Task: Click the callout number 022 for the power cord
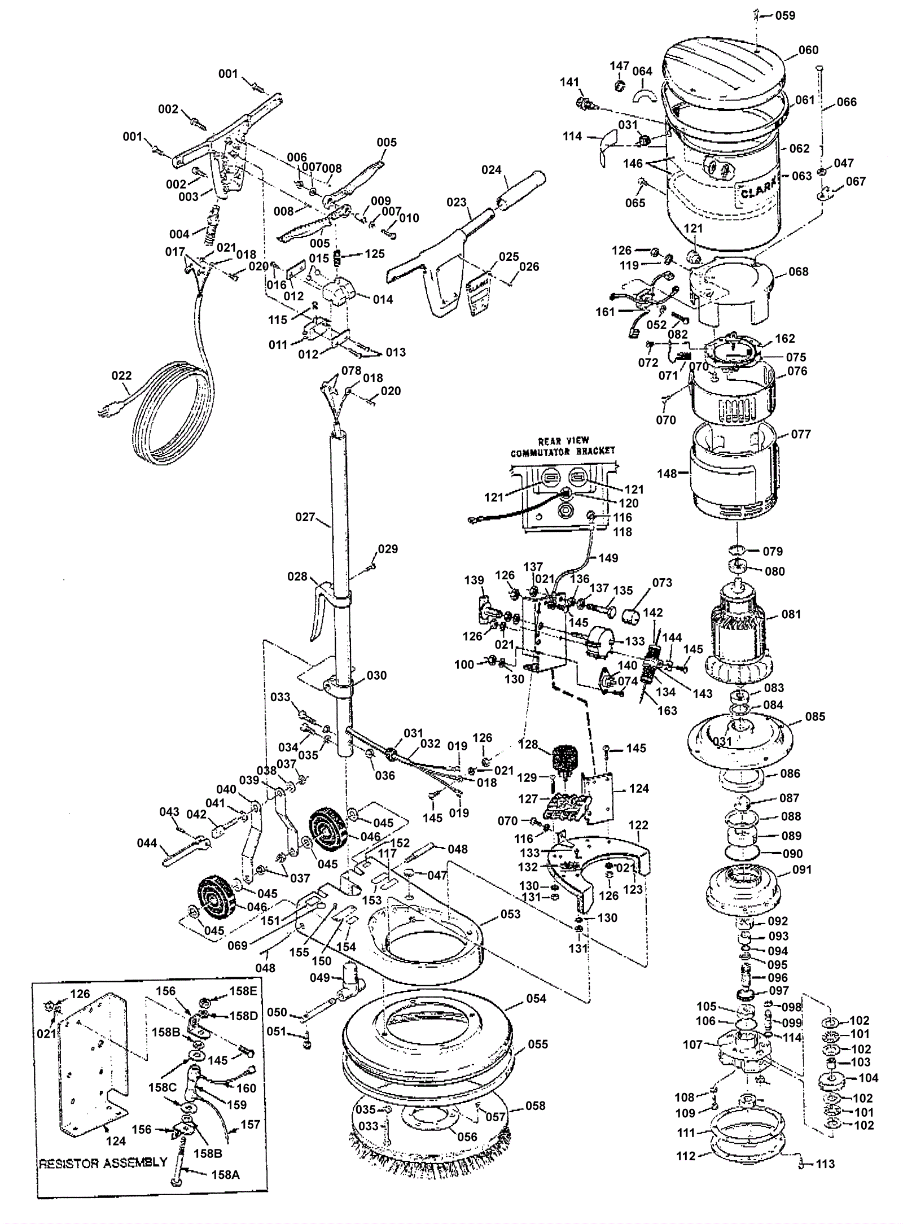pos(122,375)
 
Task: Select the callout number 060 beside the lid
pos(808,50)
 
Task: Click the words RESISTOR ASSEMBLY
pos(103,1162)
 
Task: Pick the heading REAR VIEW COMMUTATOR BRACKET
pos(563,447)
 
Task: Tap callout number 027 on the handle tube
pos(305,517)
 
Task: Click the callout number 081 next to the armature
pos(791,614)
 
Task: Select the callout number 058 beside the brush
pos(535,1105)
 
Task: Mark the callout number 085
pos(815,716)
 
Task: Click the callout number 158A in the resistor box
pos(225,1174)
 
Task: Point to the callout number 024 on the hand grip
pos(492,169)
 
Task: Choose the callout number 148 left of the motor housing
pos(667,473)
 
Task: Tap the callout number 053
pos(510,913)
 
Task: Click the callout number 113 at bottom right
pos(825,1164)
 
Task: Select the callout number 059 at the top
pos(785,15)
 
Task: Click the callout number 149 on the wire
pos(608,558)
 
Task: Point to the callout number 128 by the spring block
pos(528,744)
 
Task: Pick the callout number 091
pos(801,869)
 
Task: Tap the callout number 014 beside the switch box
pos(383,299)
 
